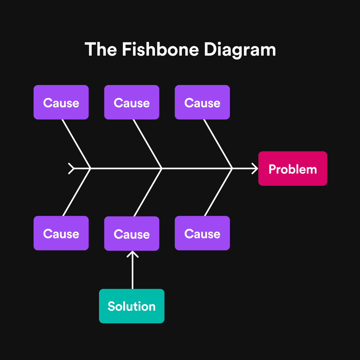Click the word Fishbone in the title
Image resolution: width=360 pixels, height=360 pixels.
[161, 49]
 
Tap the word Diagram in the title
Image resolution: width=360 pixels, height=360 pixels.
[240, 50]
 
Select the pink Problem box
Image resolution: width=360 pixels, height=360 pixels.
[292, 169]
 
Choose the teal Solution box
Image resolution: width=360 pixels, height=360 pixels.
[132, 306]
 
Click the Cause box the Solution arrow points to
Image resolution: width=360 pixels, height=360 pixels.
[132, 234]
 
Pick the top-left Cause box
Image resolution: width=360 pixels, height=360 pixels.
[61, 103]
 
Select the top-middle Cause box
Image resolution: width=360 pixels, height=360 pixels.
[132, 103]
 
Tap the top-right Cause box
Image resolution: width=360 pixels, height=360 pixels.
[202, 103]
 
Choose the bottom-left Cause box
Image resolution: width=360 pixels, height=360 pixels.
[61, 233]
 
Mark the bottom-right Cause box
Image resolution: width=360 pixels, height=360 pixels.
[202, 233]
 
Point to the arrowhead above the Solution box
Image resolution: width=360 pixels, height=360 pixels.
[132, 254]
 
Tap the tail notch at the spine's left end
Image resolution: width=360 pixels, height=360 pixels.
[71, 168]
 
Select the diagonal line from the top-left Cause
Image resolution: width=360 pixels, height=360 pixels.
[76, 143]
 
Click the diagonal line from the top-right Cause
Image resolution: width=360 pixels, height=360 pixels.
[218, 143]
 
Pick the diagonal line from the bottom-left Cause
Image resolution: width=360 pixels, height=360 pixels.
[77, 192]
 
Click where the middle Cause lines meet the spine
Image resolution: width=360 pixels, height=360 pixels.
[161, 168]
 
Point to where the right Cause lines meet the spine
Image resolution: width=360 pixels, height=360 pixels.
[232, 168]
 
